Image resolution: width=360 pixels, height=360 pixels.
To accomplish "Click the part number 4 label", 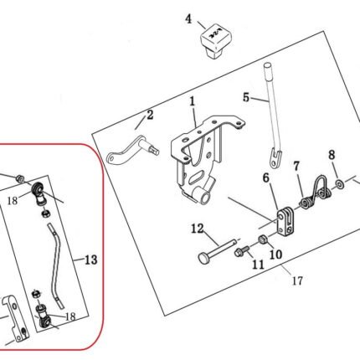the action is point(189,19).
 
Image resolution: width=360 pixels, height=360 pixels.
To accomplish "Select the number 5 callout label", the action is point(246,98).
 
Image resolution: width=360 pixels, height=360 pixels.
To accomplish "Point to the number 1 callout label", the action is point(193,101).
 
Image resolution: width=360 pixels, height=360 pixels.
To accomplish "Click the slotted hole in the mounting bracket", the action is point(199,177).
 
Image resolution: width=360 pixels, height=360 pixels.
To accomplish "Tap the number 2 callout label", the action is point(150,115).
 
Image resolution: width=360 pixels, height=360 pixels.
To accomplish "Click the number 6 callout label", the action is point(266,178).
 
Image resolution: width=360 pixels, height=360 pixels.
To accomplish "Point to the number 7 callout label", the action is point(296,167).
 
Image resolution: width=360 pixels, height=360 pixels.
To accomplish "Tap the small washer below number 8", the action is point(340,184).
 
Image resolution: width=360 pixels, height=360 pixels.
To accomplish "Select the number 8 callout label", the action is point(332,155).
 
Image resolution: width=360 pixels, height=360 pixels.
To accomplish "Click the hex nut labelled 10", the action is point(263,239).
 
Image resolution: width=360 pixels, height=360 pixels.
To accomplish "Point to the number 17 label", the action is point(297,280).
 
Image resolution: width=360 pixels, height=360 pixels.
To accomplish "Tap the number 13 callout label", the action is point(90,260).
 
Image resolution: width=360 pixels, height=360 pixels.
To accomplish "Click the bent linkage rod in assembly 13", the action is point(57,266).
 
